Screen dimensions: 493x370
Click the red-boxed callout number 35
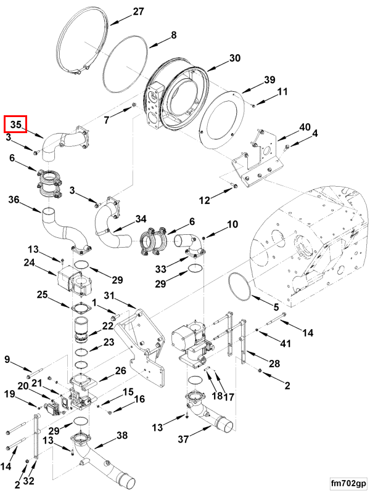click(15, 124)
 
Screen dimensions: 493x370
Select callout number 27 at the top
click(138, 12)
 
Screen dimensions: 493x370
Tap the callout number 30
click(234, 58)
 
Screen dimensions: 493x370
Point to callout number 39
click(269, 80)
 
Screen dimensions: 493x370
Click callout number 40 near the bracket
click(305, 127)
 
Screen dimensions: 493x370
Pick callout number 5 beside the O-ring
click(276, 306)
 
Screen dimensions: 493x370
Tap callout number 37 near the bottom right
click(183, 439)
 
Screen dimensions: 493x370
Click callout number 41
click(284, 343)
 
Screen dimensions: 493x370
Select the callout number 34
click(141, 218)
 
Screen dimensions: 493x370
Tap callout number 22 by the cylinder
click(108, 325)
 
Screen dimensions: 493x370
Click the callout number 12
click(204, 200)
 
